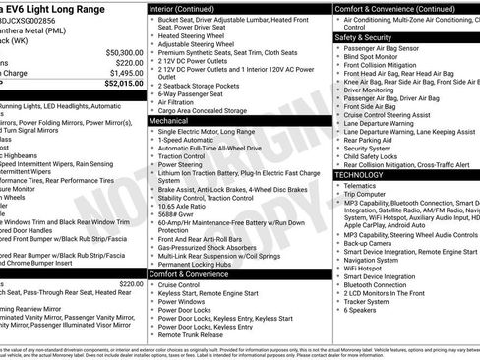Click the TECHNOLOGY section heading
[x=363, y=175]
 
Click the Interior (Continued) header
[x=190, y=8]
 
